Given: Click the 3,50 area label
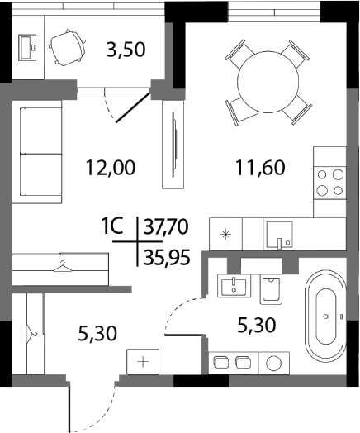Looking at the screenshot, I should (x=126, y=49).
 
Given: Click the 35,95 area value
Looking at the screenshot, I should (x=167, y=255).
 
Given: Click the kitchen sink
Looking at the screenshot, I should (x=280, y=234).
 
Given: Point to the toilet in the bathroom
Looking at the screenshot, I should (x=269, y=290).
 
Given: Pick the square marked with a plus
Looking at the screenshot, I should (x=142, y=362).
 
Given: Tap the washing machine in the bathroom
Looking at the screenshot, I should (x=272, y=363).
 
